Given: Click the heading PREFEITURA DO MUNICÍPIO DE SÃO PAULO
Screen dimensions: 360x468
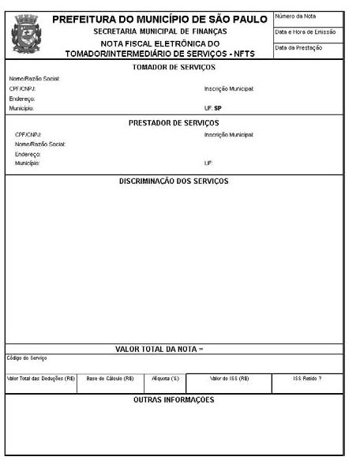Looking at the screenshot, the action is (x=159, y=19).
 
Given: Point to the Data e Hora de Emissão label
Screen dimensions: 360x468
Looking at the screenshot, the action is (x=306, y=32).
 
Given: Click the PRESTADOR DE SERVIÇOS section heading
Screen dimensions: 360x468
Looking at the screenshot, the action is (x=174, y=123).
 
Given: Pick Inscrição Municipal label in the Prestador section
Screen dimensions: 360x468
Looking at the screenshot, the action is (x=229, y=135).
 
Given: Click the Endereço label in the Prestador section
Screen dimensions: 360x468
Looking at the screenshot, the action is (x=28, y=154).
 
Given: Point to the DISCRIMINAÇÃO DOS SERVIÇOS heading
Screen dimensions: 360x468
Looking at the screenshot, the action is (x=174, y=181).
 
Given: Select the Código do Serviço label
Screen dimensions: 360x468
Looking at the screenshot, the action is (x=28, y=358).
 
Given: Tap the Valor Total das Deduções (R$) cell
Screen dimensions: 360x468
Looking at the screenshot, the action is (x=40, y=378).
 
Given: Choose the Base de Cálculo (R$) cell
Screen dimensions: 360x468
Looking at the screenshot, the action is (x=111, y=378).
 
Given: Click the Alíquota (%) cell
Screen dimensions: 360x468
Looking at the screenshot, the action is (x=166, y=378).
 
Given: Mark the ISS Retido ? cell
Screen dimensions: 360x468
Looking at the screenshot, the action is (x=307, y=378).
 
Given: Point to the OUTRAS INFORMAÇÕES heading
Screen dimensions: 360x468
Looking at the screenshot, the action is (x=174, y=400).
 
